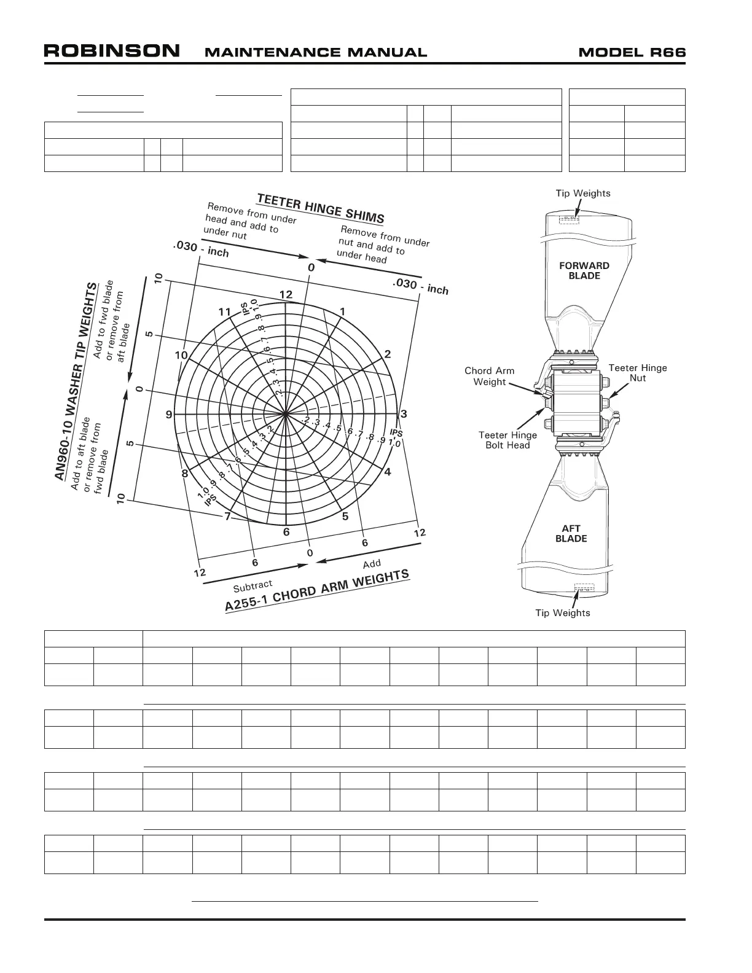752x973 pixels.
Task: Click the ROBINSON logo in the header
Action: coord(111,51)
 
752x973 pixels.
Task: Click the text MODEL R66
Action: coord(632,52)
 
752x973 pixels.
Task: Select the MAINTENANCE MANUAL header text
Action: coord(315,53)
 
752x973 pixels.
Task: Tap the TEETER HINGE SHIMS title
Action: coord(321,208)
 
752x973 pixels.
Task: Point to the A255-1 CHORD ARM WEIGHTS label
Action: coord(317,590)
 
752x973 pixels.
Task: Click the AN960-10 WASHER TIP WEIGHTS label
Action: coord(76,382)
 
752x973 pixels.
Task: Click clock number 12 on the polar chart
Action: coord(286,295)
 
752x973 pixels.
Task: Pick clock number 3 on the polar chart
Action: coord(404,414)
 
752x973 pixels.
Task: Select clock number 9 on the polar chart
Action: coord(169,415)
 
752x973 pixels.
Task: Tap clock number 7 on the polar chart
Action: coord(227,516)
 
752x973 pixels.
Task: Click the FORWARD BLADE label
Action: coord(584,270)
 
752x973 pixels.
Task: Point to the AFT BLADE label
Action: coord(571,533)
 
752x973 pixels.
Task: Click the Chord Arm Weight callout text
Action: coord(490,376)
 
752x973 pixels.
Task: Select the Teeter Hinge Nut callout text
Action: coord(638,373)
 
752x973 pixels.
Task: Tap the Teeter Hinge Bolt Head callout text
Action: coord(507,440)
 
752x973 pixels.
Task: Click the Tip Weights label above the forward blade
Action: coord(583,193)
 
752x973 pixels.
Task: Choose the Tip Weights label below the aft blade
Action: coord(563,612)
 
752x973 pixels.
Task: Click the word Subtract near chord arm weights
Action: coord(253,587)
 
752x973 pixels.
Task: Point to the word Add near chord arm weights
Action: coord(372,564)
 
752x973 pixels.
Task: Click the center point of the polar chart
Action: coord(286,415)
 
